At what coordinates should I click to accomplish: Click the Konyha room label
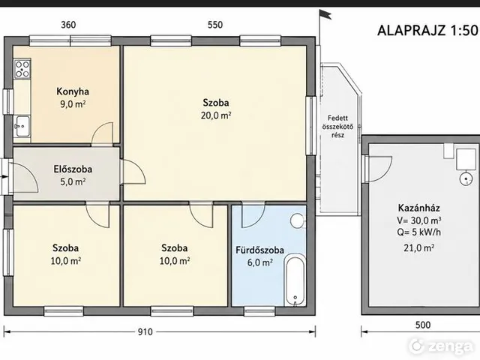coord(73,91)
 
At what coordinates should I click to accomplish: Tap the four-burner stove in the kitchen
coord(22,69)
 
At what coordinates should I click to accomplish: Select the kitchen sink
coord(22,126)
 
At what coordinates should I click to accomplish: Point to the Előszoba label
coord(73,169)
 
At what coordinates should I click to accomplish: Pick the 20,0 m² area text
coord(216,115)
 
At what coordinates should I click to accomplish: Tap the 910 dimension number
coord(145,331)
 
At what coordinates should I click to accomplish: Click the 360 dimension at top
coord(68,25)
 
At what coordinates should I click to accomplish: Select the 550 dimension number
coord(215,25)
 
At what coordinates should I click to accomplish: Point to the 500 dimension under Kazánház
coord(423,325)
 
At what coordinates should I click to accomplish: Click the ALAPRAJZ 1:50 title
coord(427,31)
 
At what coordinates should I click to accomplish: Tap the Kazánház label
coord(418,208)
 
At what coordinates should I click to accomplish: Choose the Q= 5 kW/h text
coord(418,232)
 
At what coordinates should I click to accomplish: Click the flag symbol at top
coord(325,14)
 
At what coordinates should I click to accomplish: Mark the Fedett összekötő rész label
coord(337,127)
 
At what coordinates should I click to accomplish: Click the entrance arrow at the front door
coord(4,177)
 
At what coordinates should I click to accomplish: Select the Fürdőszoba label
coord(259,250)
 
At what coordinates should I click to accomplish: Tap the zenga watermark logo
coord(441,346)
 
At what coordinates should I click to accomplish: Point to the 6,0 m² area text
coord(260,262)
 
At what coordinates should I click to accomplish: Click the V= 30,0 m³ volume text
coord(418,220)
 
